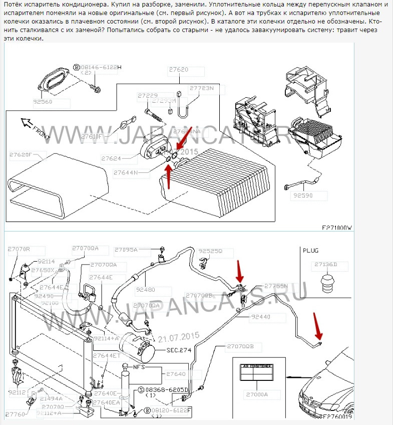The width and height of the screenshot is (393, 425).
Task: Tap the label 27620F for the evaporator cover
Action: click(x=24, y=155)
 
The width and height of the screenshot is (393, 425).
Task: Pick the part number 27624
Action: click(x=112, y=158)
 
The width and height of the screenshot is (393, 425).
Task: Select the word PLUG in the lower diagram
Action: click(x=310, y=250)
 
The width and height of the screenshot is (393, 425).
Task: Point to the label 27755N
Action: click(x=276, y=286)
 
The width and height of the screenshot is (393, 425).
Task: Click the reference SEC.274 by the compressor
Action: click(x=179, y=350)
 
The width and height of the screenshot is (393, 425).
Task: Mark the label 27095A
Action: click(x=126, y=250)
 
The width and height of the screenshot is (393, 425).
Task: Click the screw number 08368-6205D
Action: click(x=166, y=389)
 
